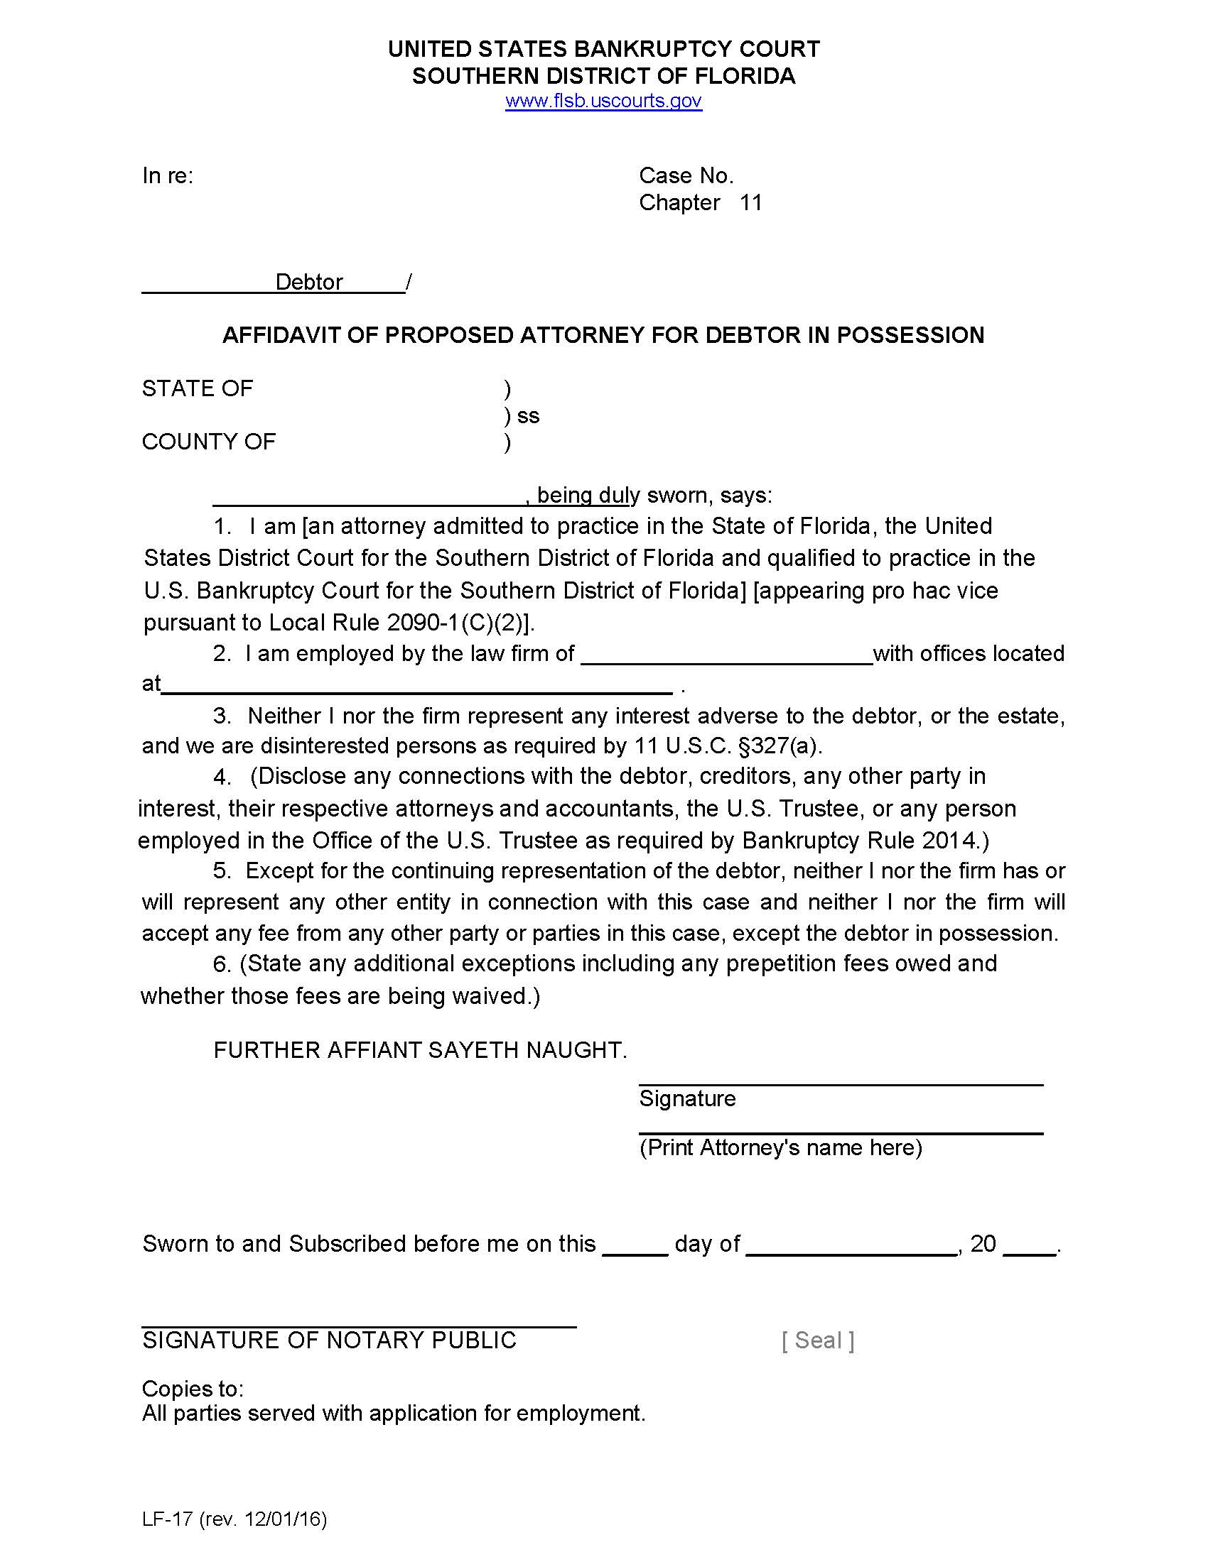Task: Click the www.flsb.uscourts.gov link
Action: pyautogui.click(x=603, y=101)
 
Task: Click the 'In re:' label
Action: pyautogui.click(x=168, y=176)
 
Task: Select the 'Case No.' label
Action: pyautogui.click(x=686, y=176)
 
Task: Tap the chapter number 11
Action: pyautogui.click(x=750, y=203)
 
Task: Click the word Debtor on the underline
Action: pyautogui.click(x=309, y=283)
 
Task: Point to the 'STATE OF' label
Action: pyautogui.click(x=198, y=389)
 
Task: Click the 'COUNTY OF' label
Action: pyautogui.click(x=208, y=442)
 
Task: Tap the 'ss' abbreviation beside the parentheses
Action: pyautogui.click(x=528, y=416)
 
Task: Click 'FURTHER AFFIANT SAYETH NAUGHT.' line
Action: pyautogui.click(x=420, y=1050)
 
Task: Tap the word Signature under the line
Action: pyautogui.click(x=687, y=1098)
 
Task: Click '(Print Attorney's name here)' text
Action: pyautogui.click(x=780, y=1148)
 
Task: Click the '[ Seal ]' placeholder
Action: pyautogui.click(x=817, y=1340)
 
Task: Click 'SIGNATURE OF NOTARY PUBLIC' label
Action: pyautogui.click(x=329, y=1340)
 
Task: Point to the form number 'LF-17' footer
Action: pyautogui.click(x=168, y=1519)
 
